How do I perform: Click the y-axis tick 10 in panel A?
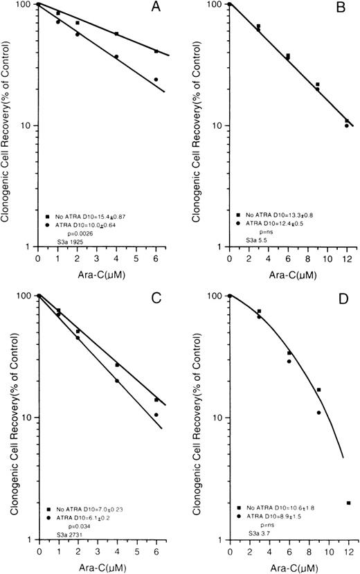click(28, 126)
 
